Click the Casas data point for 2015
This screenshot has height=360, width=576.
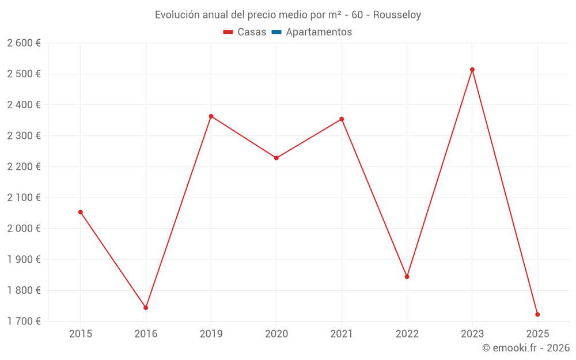tap(81, 212)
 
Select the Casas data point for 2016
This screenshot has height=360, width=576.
tap(146, 308)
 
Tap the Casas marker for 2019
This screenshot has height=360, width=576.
tap(211, 116)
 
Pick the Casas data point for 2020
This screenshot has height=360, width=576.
tap(276, 158)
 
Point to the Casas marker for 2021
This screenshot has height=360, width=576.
tap(342, 119)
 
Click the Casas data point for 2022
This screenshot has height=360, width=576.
tap(407, 277)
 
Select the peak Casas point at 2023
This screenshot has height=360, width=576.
tap(472, 70)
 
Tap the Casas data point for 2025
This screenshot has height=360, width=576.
tap(537, 314)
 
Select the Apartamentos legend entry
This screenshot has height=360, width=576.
tap(319, 32)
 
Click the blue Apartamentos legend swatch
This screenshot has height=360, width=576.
tap(276, 32)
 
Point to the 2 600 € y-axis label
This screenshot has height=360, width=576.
tap(24, 43)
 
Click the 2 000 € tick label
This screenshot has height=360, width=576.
tap(24, 228)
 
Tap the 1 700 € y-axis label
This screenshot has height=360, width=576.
tap(24, 321)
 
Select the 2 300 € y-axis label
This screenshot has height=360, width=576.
tap(24, 135)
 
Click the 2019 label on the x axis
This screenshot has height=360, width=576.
tap(211, 334)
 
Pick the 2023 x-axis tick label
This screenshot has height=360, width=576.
tap(472, 334)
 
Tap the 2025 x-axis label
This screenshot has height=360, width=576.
tap(537, 334)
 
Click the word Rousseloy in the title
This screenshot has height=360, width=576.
tap(397, 15)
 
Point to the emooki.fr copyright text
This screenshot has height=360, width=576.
tap(526, 348)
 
